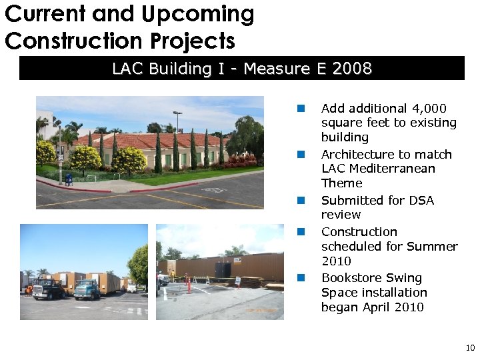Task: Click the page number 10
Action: click(470, 348)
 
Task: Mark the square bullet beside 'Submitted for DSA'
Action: click(301, 200)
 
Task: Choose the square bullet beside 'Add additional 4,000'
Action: click(301, 108)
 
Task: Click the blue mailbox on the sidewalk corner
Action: click(69, 179)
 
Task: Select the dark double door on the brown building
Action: click(223, 271)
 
